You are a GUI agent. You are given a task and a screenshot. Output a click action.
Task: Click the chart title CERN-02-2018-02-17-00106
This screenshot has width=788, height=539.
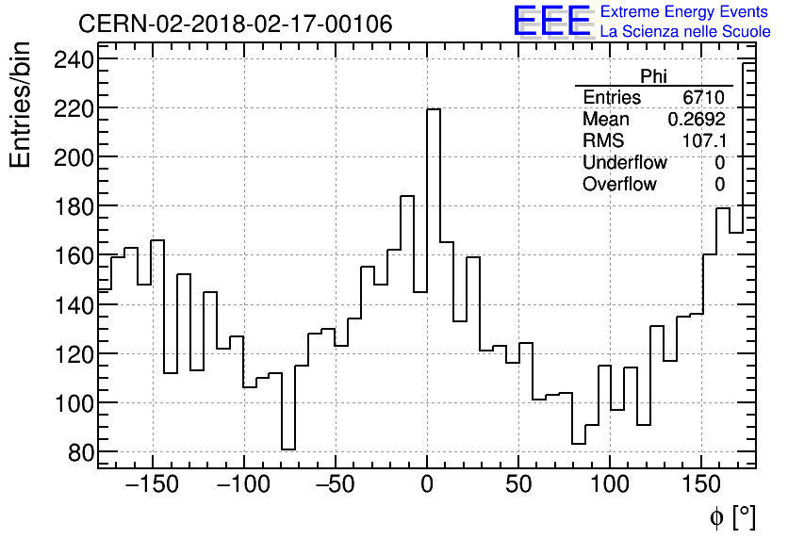point(235,24)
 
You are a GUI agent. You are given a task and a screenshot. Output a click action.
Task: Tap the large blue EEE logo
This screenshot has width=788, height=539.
point(551,22)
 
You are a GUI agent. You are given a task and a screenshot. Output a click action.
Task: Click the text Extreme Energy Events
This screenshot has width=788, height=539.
point(685,12)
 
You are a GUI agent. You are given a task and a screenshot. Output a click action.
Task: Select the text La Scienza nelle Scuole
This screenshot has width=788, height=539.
point(685,32)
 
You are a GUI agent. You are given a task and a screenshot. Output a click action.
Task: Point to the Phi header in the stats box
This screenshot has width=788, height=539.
point(653,76)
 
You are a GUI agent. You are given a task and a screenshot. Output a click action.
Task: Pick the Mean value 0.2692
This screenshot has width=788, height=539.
point(696,120)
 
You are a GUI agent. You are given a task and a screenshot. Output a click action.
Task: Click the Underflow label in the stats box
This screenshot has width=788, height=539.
point(624,163)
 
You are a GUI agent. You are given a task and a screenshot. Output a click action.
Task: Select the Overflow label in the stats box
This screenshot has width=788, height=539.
point(619,185)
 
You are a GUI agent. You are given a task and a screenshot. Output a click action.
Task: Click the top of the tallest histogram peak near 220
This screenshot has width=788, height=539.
point(434,109)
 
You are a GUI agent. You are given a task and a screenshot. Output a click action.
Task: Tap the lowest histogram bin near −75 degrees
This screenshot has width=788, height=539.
point(288,449)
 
